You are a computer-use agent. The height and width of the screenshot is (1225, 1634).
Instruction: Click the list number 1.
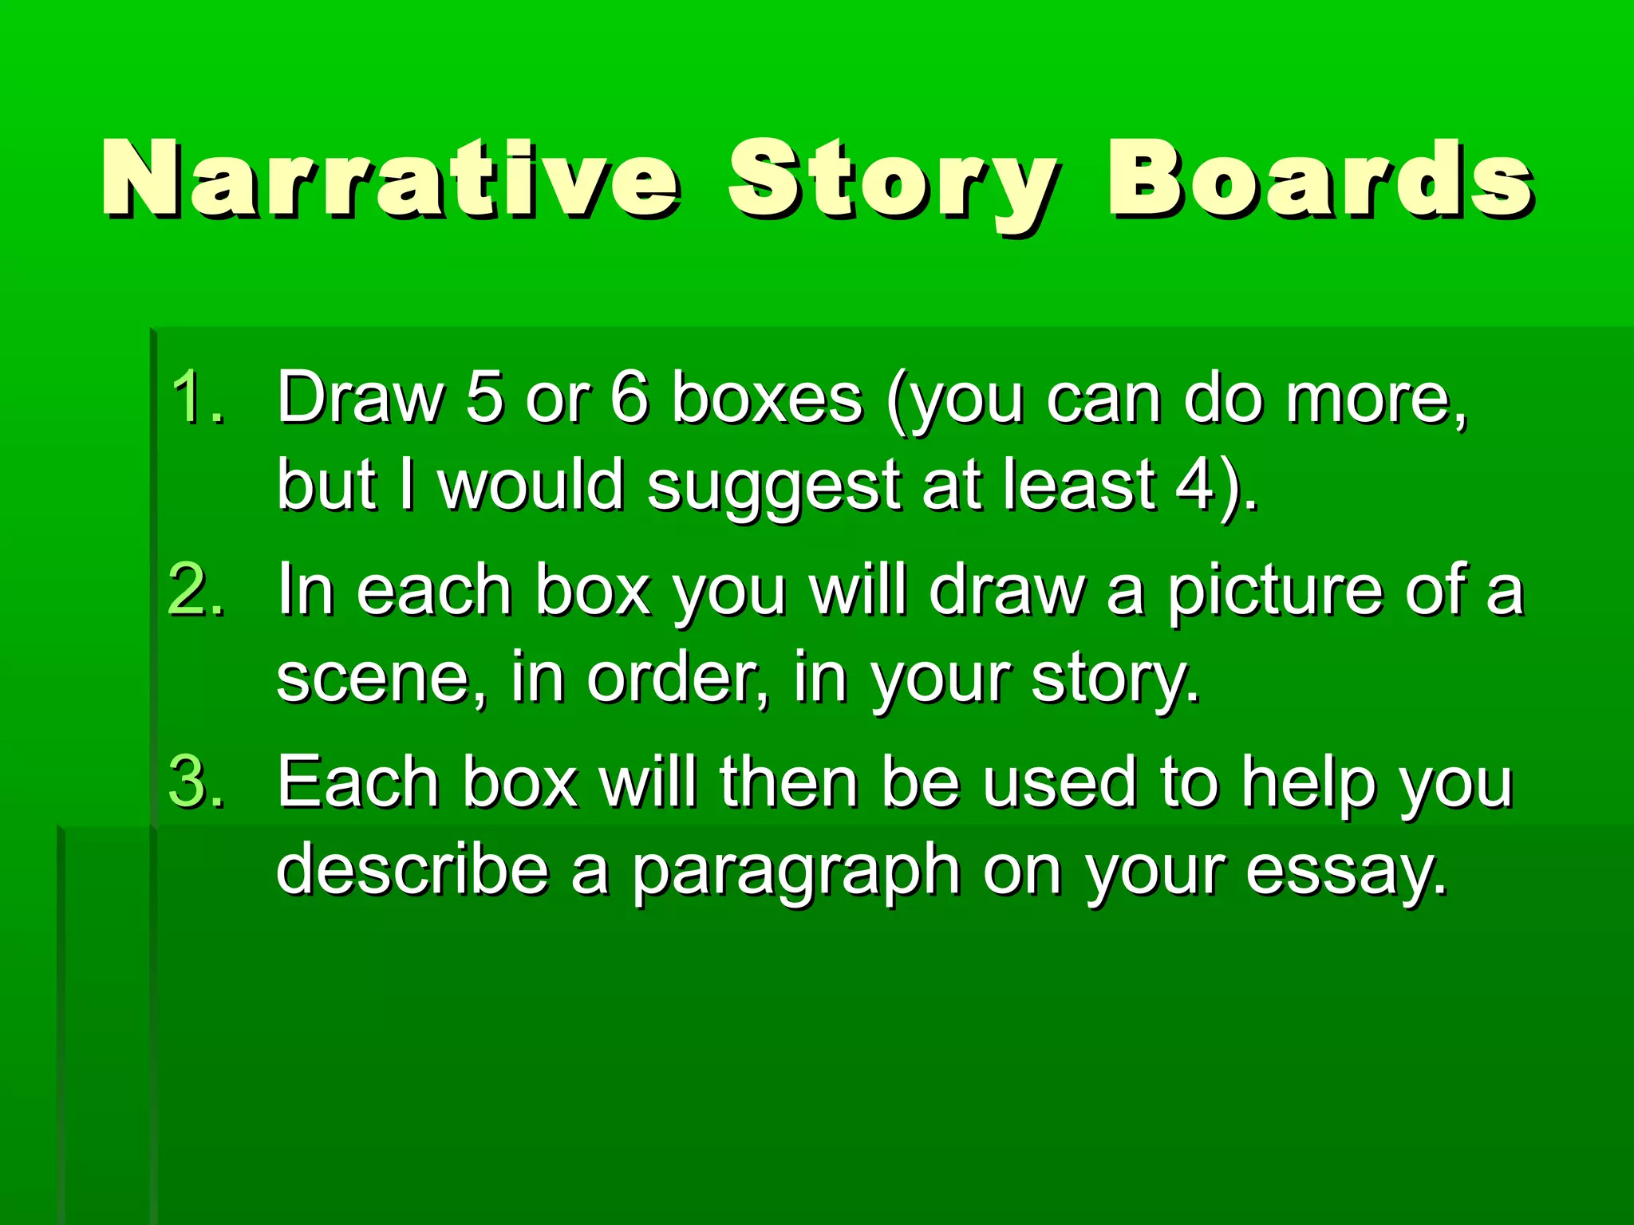point(196,397)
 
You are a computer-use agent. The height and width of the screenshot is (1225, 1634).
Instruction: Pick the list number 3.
point(196,782)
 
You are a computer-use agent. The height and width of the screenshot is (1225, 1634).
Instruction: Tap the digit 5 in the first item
point(485,397)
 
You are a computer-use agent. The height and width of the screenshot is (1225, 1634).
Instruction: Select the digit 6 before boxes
point(630,397)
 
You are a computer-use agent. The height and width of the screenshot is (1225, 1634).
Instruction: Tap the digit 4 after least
point(1195,485)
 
